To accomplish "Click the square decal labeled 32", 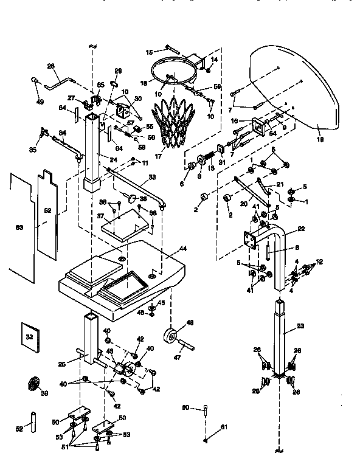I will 29,336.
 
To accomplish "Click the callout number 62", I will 47,210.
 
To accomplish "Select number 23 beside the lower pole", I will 299,326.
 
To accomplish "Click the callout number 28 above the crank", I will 50,66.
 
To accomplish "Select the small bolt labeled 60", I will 206,409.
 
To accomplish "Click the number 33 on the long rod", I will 151,177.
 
